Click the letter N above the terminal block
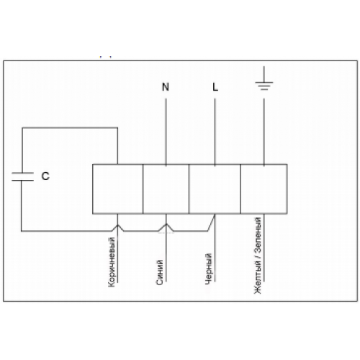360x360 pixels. click(x=166, y=86)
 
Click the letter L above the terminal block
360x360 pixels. click(x=215, y=86)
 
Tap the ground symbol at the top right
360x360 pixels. click(x=264, y=78)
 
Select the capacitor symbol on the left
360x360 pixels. click(x=23, y=176)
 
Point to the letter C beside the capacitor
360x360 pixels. click(x=45, y=176)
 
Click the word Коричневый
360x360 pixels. click(x=112, y=262)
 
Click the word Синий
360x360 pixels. click(x=160, y=272)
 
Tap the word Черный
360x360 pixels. click(x=209, y=269)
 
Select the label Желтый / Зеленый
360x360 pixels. click(x=258, y=256)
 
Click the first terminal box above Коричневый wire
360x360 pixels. click(x=117, y=189)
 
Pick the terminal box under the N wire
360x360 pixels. click(x=166, y=189)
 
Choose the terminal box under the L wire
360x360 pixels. click(x=215, y=189)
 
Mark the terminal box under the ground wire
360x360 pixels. click(x=264, y=189)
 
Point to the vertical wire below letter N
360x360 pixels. click(x=166, y=132)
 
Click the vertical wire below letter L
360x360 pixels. click(x=215, y=132)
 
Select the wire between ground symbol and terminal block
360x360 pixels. click(x=264, y=132)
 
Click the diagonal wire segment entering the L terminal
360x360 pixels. click(x=212, y=222)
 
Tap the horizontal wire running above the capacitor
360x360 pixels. click(x=70, y=128)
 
